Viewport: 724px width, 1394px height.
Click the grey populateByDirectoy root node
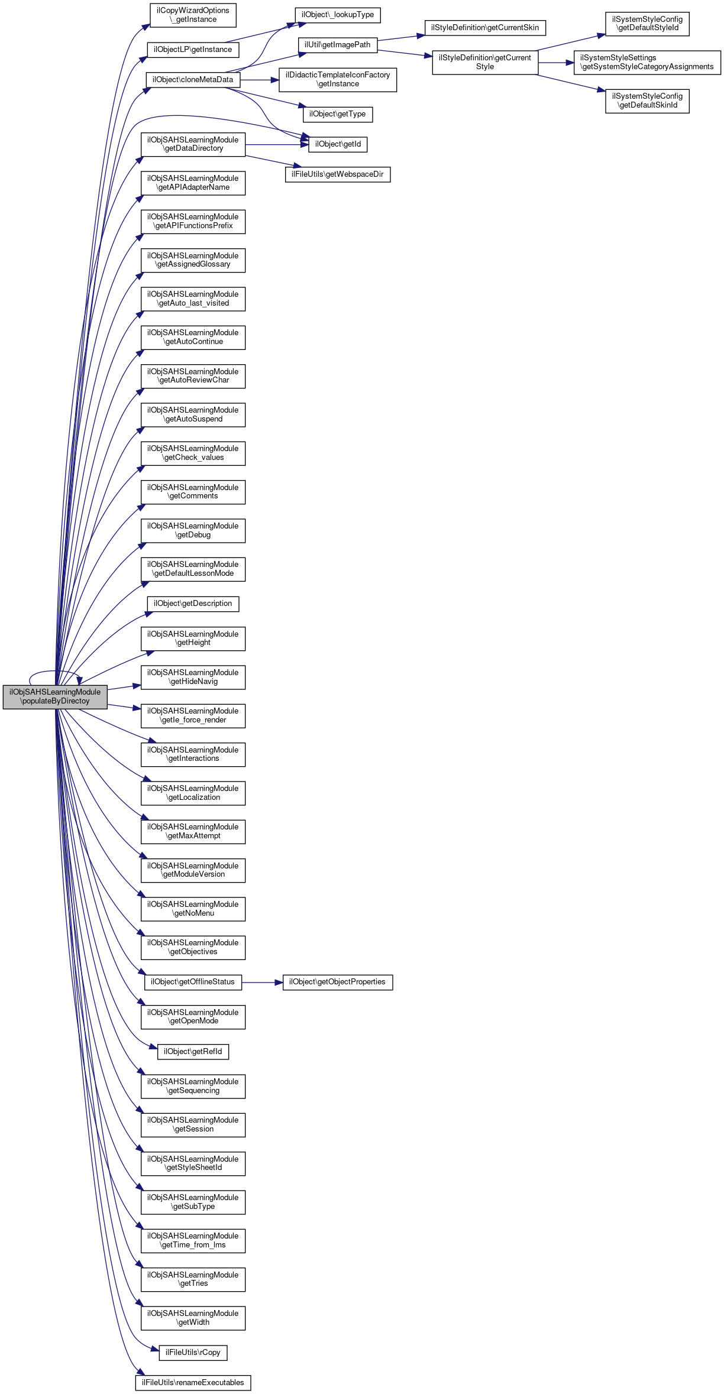tap(55, 696)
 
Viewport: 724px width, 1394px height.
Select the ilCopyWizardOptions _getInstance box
tap(193, 15)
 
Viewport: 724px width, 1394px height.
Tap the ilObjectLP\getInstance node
tap(193, 50)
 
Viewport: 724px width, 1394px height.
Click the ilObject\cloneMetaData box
tap(193, 80)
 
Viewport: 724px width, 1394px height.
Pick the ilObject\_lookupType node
tap(338, 15)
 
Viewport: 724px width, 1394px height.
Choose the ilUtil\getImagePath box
tap(337, 45)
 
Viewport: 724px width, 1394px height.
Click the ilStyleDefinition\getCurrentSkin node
tap(485, 28)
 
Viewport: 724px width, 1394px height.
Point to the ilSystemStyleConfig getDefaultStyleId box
tap(647, 24)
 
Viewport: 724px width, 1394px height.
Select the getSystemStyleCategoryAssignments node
tap(647, 62)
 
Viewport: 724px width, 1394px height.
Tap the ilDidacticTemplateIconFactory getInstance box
tap(338, 79)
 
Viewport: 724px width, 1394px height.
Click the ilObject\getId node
tap(338, 144)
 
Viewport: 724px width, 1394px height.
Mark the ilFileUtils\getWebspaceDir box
tap(338, 174)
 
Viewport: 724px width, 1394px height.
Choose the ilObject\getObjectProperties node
tap(337, 982)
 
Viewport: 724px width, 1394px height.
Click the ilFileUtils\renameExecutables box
tap(193, 1383)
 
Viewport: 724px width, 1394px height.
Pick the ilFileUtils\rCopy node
tap(193, 1353)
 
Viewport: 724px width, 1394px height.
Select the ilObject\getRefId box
tap(193, 1052)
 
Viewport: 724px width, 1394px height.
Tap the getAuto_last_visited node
tap(193, 299)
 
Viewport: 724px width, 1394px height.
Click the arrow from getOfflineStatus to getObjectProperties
tap(262, 983)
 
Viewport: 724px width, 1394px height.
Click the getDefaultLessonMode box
tap(193, 569)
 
